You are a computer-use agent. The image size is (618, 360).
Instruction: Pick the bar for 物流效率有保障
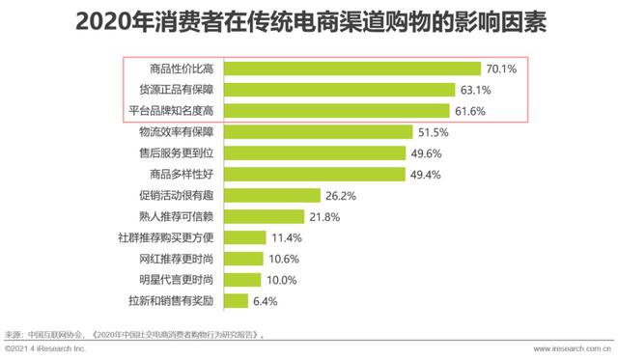pyautogui.click(x=321, y=132)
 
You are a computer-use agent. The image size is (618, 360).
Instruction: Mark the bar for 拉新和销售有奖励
pyautogui.click(x=239, y=301)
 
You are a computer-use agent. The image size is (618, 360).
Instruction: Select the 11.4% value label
pyautogui.click(x=288, y=237)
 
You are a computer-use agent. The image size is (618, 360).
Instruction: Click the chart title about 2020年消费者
pyautogui.click(x=309, y=21)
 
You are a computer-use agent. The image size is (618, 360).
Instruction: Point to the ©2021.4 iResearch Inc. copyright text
pyautogui.click(x=46, y=349)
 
